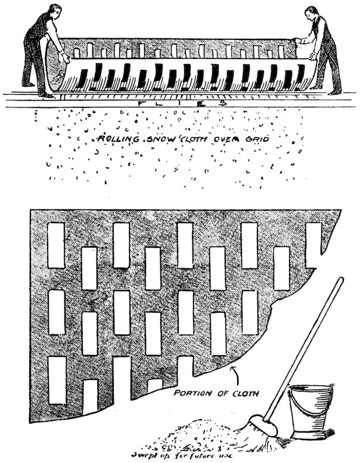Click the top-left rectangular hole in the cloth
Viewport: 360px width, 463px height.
point(56,245)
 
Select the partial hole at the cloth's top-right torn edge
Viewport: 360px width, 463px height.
point(313,243)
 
